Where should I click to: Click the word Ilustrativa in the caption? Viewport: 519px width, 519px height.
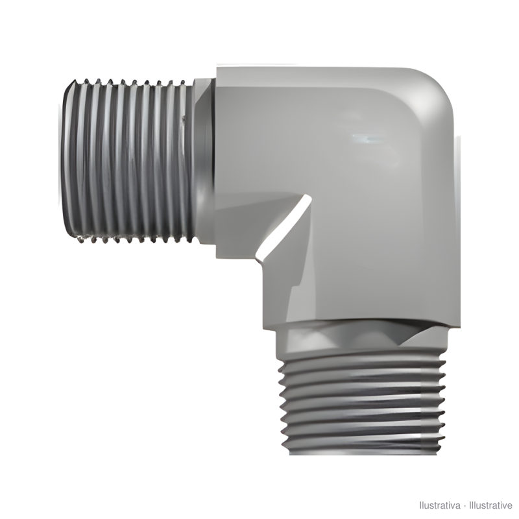pos(440,505)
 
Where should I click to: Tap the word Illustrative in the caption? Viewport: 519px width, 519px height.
pos(490,505)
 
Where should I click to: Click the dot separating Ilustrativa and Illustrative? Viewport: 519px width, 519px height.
pos(465,506)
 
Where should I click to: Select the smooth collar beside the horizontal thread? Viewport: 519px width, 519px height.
pos(204,161)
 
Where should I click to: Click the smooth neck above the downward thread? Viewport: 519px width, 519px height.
pos(361,339)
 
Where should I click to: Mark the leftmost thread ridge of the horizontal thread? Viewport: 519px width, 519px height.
pos(67,160)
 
